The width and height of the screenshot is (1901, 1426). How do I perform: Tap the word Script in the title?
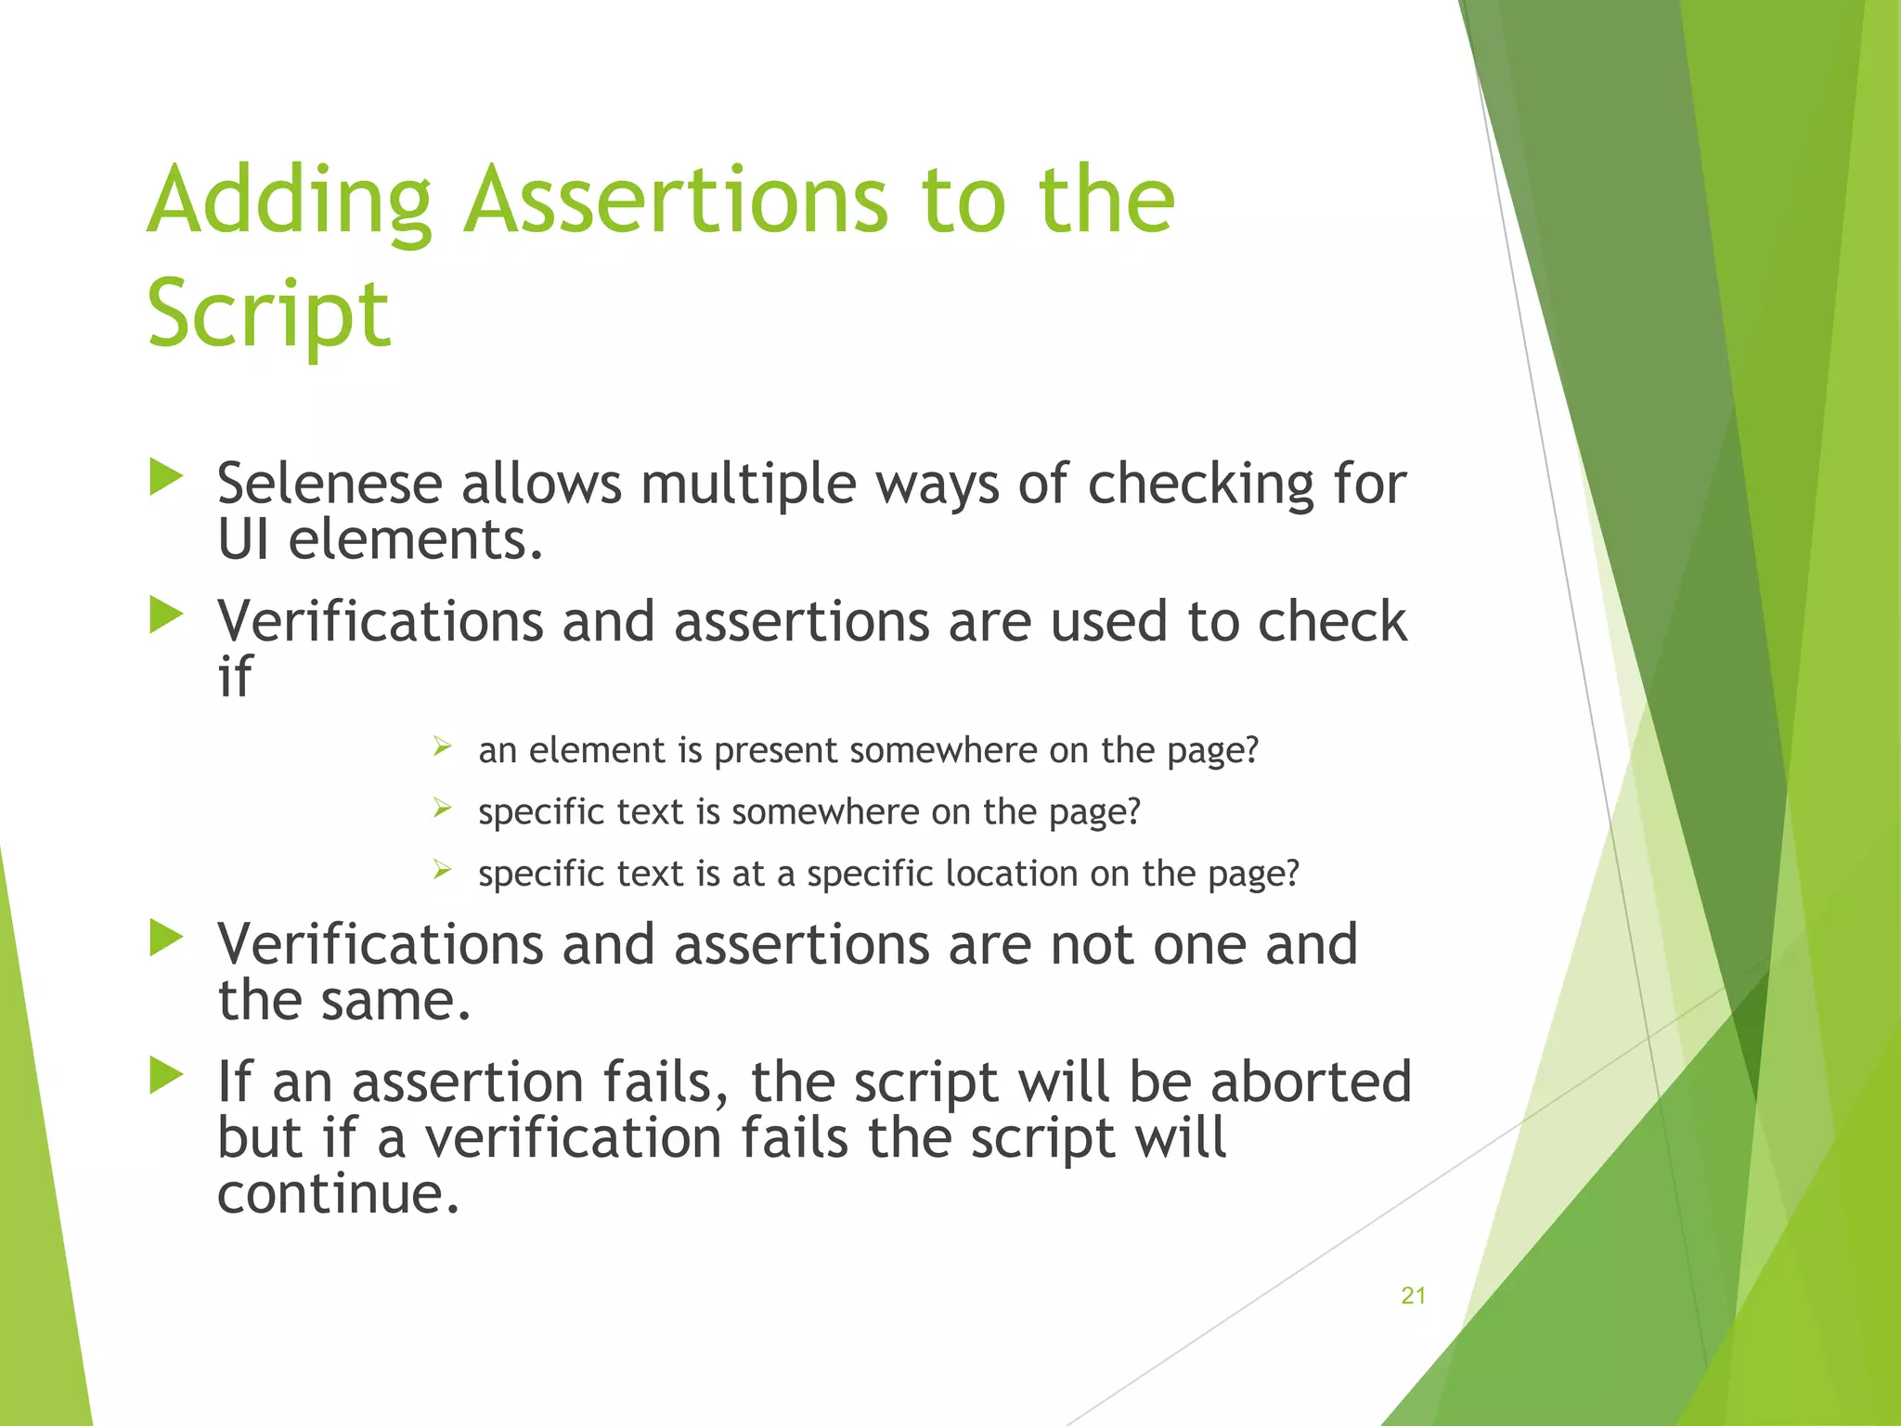[268, 316]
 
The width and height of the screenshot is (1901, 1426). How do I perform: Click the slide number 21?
[1413, 1296]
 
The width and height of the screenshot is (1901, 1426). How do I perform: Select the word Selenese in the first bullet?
[329, 485]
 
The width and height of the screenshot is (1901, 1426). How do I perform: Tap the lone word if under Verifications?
[234, 677]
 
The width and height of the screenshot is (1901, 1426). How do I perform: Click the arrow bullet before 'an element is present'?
[442, 745]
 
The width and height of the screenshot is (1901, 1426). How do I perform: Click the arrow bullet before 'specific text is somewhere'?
[442, 808]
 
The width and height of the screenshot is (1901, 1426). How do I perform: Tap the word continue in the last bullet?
[338, 1194]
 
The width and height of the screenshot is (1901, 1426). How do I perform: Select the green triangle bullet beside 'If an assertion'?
[166, 1076]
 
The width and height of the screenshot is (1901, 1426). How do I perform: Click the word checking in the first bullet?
[1200, 485]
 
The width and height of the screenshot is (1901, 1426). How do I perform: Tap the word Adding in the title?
[290, 201]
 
